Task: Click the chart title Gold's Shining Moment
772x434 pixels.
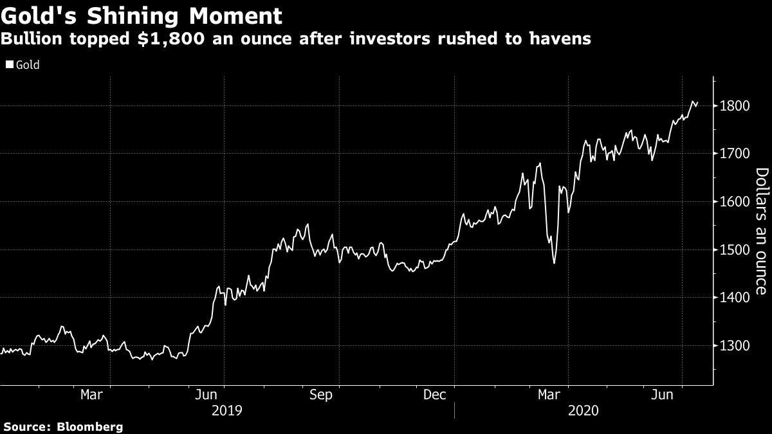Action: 142,15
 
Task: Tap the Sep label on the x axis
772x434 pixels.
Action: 321,395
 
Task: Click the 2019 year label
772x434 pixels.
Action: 228,410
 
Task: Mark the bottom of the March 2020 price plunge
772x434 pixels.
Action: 554,263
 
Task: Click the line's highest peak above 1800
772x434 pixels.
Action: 694,101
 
